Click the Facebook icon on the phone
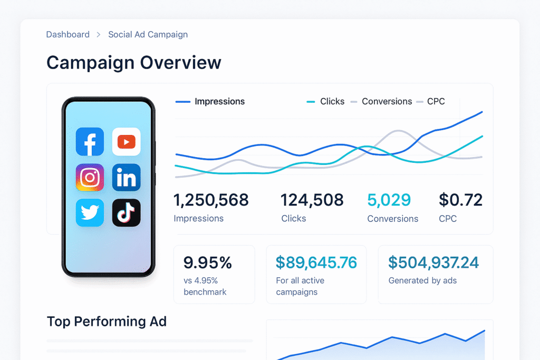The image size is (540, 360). pos(90,141)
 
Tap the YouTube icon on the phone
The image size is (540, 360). pos(126,141)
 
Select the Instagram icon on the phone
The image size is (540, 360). pos(90,177)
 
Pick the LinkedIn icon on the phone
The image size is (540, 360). pos(126,177)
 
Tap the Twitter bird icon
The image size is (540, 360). pos(90,213)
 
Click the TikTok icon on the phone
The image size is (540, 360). pos(126,213)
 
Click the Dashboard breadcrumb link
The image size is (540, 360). pos(67,35)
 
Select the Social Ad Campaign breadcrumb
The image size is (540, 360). pos(148,35)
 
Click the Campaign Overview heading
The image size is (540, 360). pos(133,63)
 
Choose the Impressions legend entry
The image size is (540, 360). pos(219,102)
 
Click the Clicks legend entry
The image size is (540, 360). pos(332,102)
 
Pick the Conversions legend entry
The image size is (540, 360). pos(387,102)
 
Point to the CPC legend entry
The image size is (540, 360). pos(436,102)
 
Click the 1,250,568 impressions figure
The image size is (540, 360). pos(211,200)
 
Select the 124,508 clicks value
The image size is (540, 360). pos(312,200)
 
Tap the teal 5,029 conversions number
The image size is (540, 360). pos(389,200)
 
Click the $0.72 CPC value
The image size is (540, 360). pos(460,200)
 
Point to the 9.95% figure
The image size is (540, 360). pos(208,262)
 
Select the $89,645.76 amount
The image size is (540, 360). pos(316,262)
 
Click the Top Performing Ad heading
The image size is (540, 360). pos(107,322)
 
